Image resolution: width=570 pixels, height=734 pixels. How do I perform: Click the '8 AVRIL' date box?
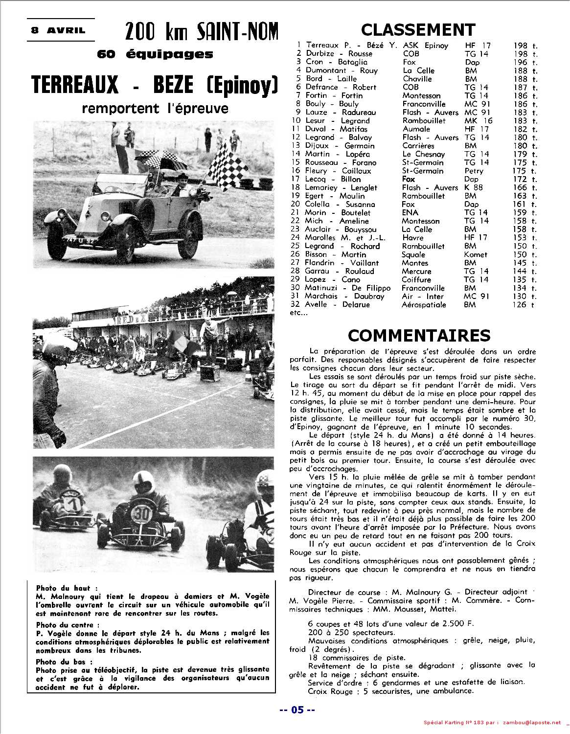(x=58, y=30)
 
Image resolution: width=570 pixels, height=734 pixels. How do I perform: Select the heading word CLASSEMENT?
(x=418, y=30)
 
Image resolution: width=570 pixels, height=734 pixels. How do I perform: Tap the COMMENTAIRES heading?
(x=419, y=335)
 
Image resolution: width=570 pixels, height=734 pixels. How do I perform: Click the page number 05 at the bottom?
(x=297, y=710)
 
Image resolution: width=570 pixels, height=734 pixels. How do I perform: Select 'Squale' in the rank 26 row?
(x=413, y=254)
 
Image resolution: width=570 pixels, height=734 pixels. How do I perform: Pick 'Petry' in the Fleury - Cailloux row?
(x=474, y=171)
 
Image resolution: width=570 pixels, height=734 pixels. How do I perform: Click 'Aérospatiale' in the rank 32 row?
(x=424, y=304)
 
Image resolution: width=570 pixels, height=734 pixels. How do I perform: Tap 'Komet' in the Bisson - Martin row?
(x=476, y=254)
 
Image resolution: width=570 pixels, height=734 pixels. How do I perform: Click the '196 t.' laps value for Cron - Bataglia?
(x=525, y=62)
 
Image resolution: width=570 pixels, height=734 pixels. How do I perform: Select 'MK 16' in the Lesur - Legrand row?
(x=478, y=120)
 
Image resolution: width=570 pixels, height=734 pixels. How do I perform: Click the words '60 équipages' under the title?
(x=155, y=54)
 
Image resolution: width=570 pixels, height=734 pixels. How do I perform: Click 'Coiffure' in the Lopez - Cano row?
(x=416, y=279)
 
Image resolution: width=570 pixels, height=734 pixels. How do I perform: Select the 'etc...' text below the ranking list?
(x=298, y=313)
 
